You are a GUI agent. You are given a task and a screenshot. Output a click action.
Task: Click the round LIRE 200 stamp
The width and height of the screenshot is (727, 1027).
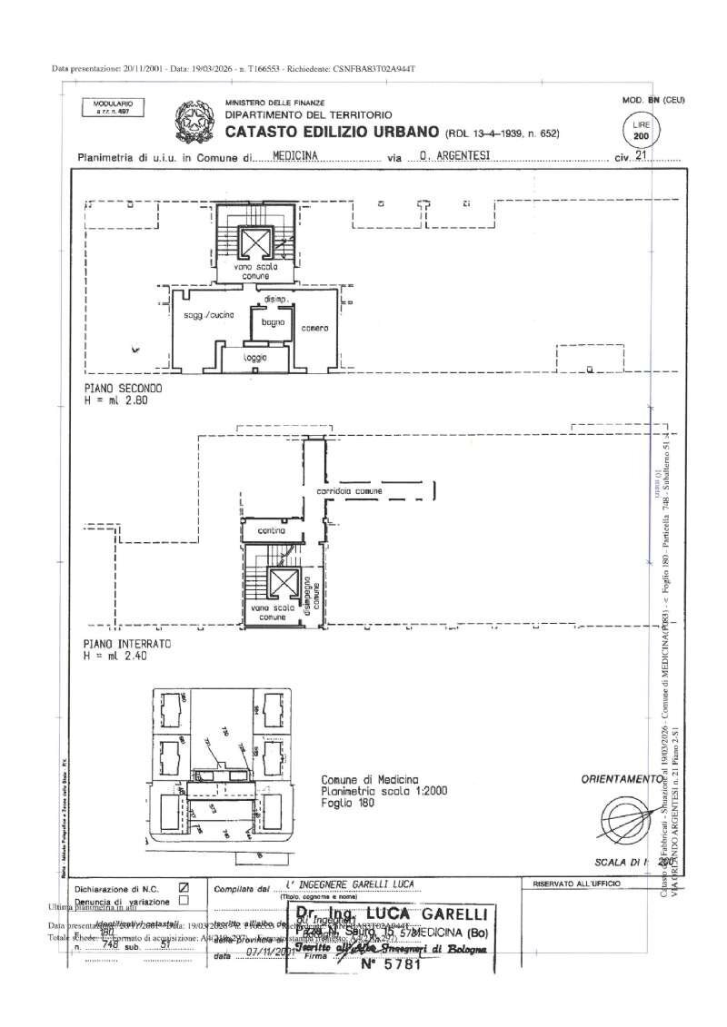pyautogui.click(x=642, y=130)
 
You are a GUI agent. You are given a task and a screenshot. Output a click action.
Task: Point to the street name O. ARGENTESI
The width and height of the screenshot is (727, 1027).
pyautogui.click(x=454, y=155)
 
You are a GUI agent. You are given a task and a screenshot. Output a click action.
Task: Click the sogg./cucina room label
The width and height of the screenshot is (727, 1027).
pyautogui.click(x=209, y=314)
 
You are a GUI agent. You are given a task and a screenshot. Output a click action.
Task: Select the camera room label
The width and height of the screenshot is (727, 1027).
pyautogui.click(x=314, y=328)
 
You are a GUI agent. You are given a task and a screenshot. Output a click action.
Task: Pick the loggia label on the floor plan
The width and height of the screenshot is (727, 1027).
pyautogui.click(x=255, y=358)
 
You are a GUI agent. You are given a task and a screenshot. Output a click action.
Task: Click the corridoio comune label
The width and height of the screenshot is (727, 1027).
pyautogui.click(x=349, y=491)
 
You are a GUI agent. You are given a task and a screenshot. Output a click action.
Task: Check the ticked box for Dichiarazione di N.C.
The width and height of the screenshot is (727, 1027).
pyautogui.click(x=184, y=887)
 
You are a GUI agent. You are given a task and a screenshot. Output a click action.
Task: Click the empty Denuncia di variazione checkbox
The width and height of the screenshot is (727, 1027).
pyautogui.click(x=184, y=901)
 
